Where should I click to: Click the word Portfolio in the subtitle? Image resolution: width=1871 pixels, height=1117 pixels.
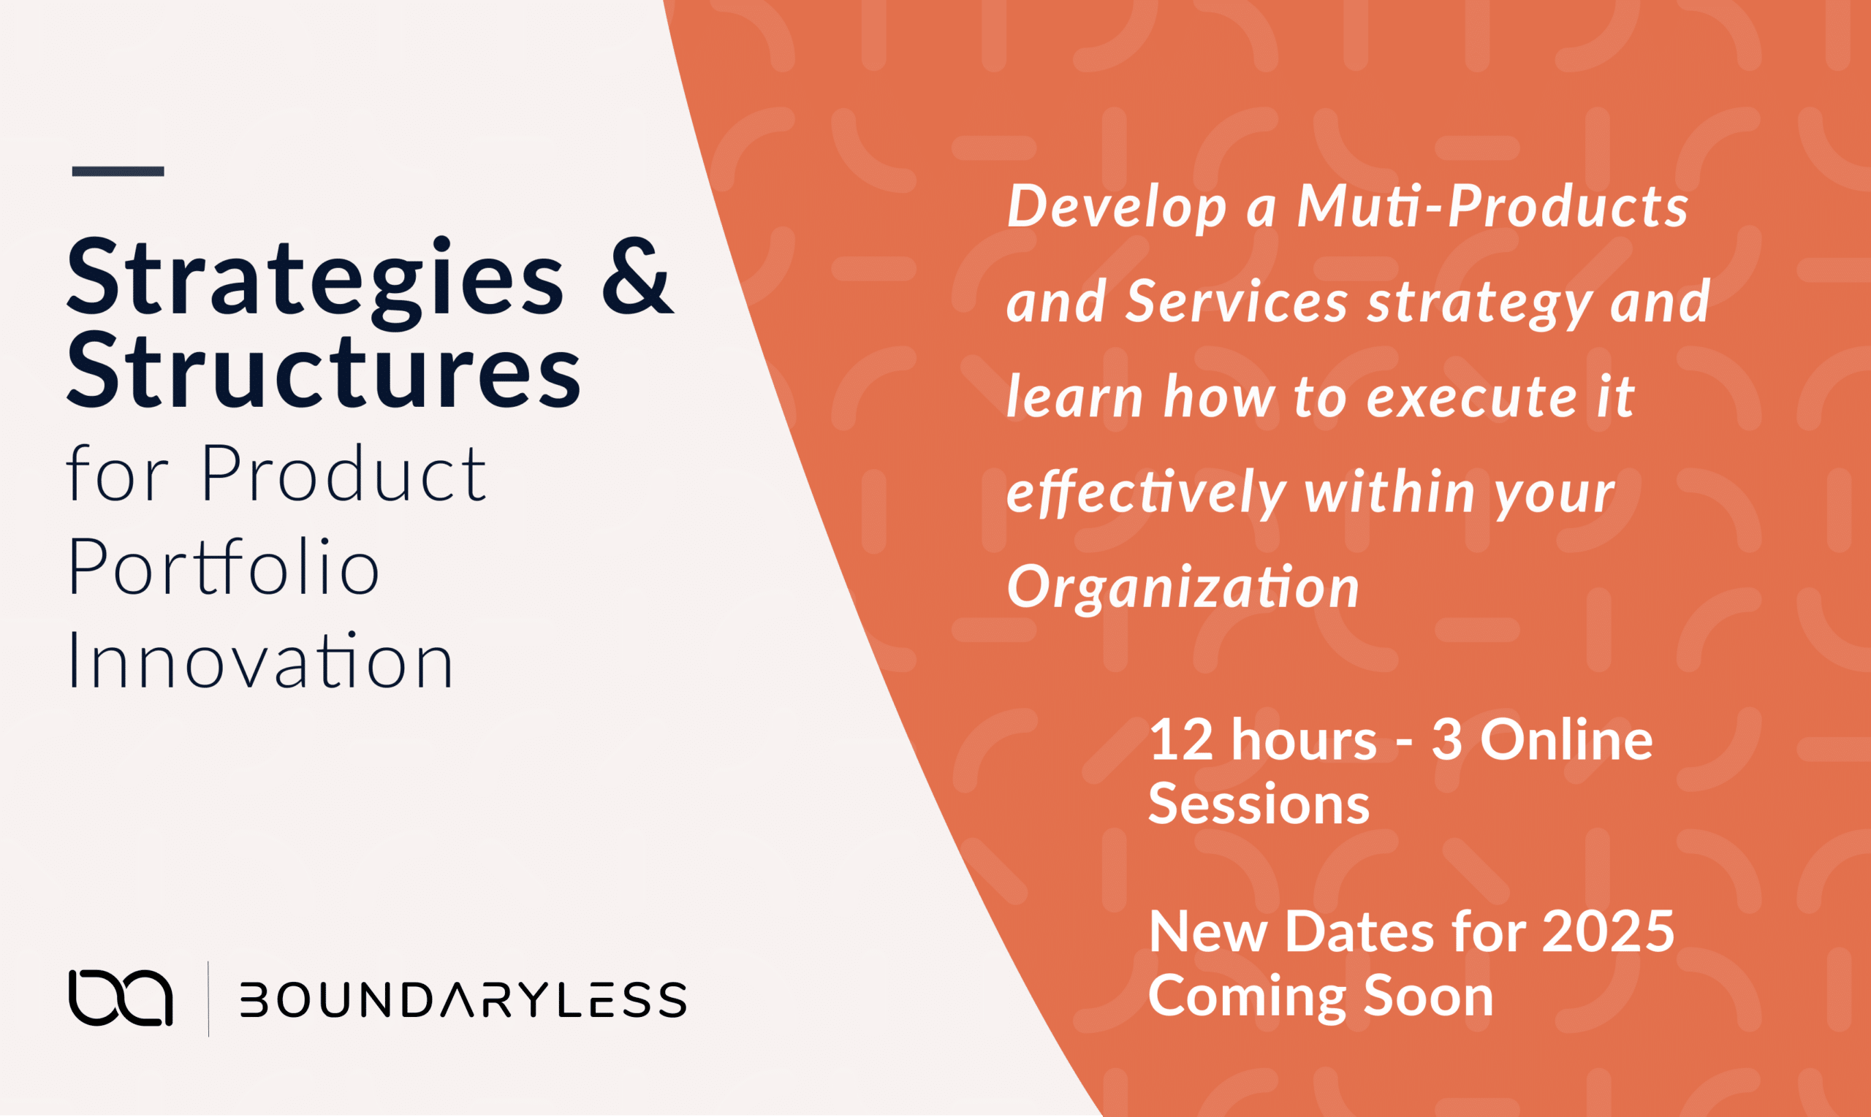[224, 568]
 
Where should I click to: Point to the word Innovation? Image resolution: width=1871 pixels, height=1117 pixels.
[260, 662]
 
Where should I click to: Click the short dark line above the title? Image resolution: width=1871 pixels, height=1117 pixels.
[118, 171]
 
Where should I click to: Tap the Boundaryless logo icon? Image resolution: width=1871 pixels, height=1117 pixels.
[121, 998]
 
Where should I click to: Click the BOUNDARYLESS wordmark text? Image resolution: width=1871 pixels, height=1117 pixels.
[463, 999]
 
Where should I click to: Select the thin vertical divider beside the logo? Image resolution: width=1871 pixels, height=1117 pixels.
[208, 999]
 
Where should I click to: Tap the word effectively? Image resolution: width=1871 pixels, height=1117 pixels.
[1146, 493]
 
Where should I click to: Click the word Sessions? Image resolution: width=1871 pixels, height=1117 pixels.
[1259, 804]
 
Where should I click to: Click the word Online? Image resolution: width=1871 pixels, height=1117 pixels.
[1567, 740]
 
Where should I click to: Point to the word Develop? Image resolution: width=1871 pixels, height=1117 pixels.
[1117, 207]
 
